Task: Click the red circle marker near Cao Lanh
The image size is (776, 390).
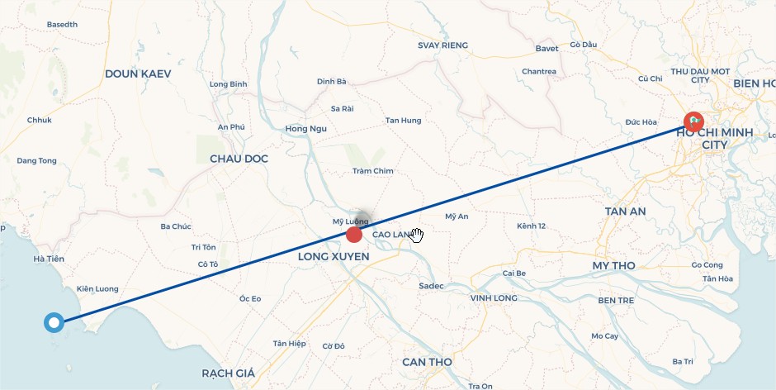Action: pos(354,235)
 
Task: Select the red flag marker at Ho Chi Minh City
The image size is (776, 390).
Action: pos(694,121)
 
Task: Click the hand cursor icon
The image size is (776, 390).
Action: pos(417,235)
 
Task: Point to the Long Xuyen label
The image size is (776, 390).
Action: pos(334,258)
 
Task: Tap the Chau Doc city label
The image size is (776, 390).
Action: pos(239,159)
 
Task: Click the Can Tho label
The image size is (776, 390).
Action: pos(428,362)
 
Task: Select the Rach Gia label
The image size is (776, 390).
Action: pos(229,373)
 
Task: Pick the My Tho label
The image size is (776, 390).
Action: pos(613,265)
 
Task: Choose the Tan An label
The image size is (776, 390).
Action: pos(625,212)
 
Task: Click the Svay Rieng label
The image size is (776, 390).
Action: pos(442,45)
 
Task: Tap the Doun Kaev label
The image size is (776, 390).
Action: pos(138,74)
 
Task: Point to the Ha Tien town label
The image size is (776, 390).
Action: pos(49,259)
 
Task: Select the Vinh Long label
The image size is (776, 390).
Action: pos(494,297)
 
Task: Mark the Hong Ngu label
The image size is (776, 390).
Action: pos(306,128)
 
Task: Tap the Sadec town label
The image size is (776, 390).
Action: pos(431,286)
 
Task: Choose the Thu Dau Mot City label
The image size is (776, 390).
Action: pos(700,75)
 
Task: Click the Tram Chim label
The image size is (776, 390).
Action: pos(373,171)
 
